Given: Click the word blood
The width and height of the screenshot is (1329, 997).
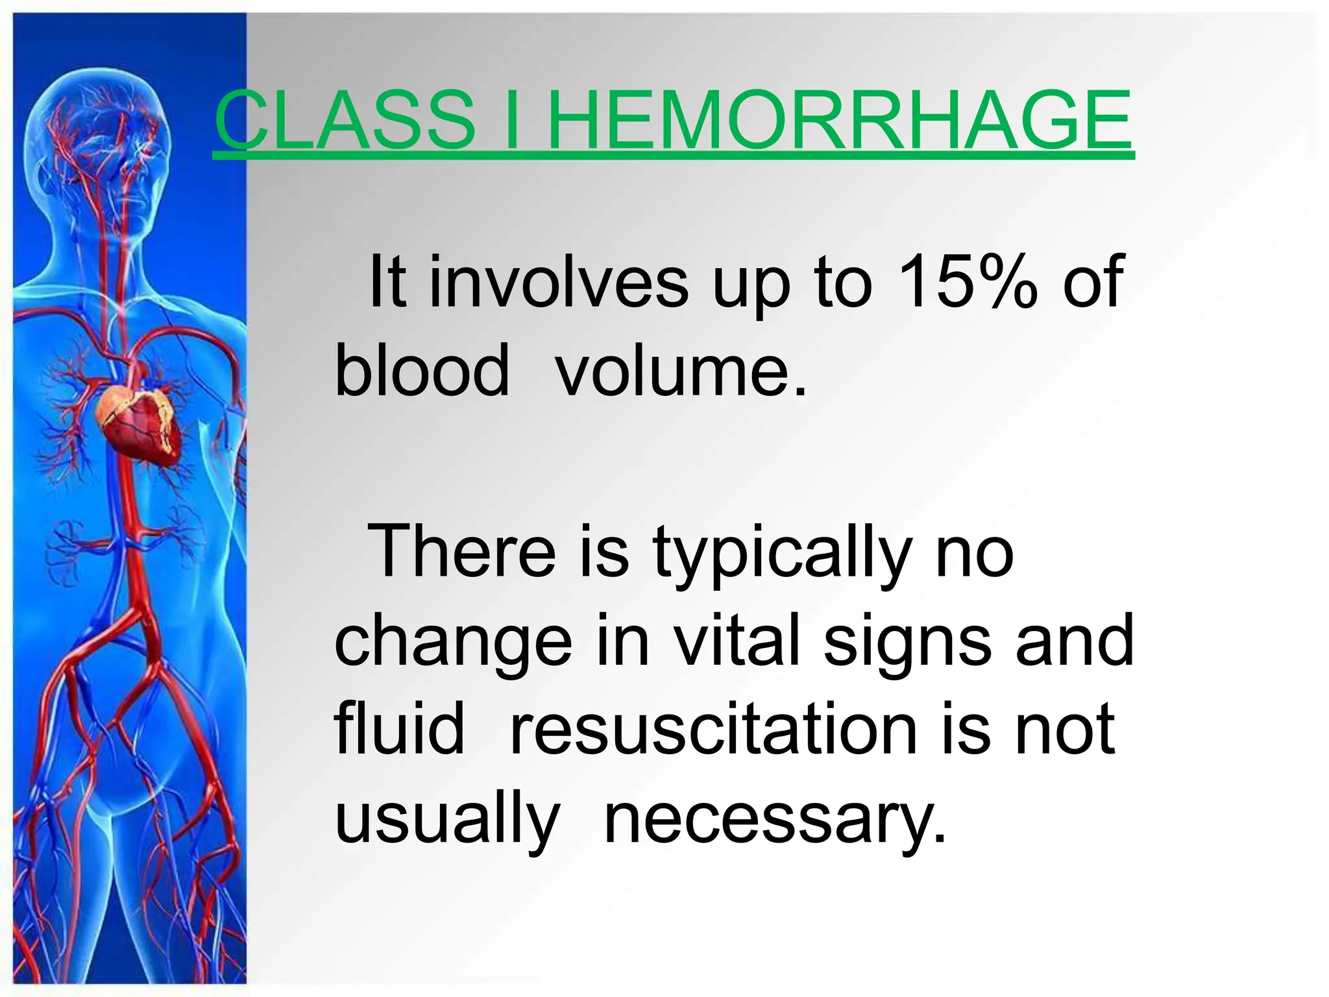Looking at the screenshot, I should coord(422,370).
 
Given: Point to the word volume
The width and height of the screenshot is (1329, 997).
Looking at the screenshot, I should coord(681,370).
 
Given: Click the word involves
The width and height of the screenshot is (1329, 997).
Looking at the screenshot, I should coord(558,282).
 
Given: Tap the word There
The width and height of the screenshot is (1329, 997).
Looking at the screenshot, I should coord(461,552).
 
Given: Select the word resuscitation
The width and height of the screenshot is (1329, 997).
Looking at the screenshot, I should coord(713,730).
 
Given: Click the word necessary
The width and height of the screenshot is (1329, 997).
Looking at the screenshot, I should coord(775,822).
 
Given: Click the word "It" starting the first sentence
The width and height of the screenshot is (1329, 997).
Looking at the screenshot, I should coord(387,282).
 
